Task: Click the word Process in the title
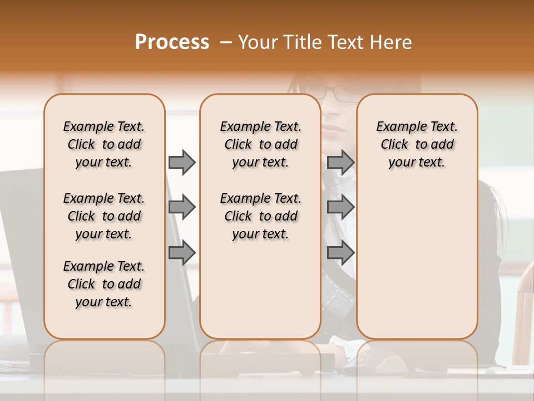click(172, 42)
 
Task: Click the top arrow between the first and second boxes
click(182, 162)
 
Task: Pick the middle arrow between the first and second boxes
click(182, 207)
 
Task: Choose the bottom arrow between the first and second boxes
click(182, 253)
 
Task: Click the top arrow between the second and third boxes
click(340, 162)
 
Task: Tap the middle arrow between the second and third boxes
click(340, 207)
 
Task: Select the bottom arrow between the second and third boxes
click(340, 253)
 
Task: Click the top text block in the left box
click(104, 144)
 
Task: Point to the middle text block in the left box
click(104, 216)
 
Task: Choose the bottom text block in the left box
click(104, 284)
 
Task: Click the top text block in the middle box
click(260, 144)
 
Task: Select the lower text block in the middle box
click(260, 216)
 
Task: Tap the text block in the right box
click(417, 144)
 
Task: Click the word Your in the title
click(256, 42)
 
